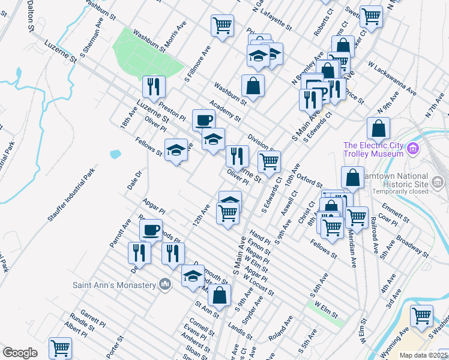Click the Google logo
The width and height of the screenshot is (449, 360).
coord(20,353)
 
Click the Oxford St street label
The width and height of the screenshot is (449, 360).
coord(310,179)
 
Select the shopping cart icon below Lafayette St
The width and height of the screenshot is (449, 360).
coord(222,25)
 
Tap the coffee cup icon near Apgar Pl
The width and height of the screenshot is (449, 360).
coord(151,229)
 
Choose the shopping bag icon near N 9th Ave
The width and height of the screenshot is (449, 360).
coord(378,127)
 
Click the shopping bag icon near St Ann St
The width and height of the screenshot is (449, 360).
coord(220,294)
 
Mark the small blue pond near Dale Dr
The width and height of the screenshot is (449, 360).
coord(115,154)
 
